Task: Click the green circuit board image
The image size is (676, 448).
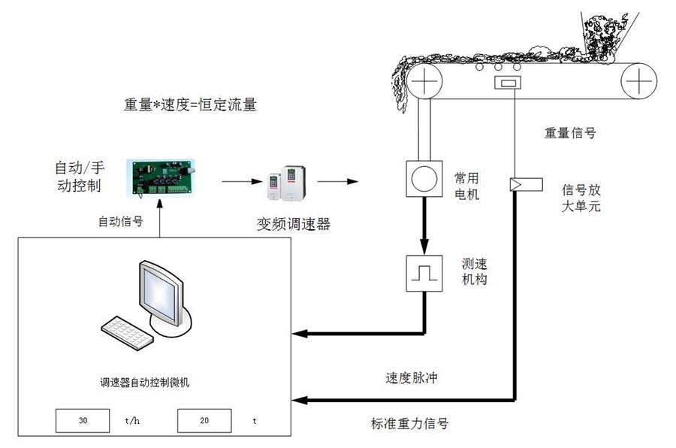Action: pyautogui.click(x=160, y=177)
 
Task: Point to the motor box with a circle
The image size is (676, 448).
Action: pyautogui.click(x=424, y=179)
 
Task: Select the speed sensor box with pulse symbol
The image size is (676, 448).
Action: pyautogui.click(x=425, y=273)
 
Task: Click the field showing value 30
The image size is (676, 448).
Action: pyautogui.click(x=83, y=421)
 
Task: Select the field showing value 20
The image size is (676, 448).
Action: pyautogui.click(x=204, y=421)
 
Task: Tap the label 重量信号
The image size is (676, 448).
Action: pyautogui.click(x=570, y=133)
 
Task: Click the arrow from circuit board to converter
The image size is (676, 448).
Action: pyautogui.click(x=238, y=181)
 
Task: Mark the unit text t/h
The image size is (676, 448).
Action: pyautogui.click(x=132, y=422)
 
